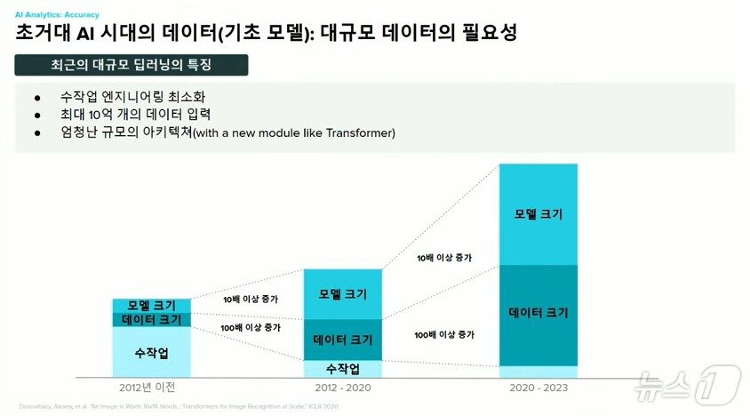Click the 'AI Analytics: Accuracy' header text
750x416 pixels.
point(57,15)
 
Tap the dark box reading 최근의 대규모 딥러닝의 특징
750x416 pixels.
point(132,65)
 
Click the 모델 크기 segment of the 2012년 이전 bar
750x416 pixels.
point(151,306)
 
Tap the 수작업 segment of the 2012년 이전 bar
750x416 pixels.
point(151,353)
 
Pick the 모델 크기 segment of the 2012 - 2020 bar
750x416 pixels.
point(342,294)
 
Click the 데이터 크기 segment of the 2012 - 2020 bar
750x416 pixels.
point(342,340)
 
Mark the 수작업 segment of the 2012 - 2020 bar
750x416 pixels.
point(342,369)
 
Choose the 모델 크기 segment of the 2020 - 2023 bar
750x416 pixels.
point(539,214)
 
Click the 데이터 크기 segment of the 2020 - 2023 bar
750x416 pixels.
point(539,314)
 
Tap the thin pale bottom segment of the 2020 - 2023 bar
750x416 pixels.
point(539,372)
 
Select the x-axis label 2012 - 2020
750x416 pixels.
point(343,388)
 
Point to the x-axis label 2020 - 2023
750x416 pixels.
point(539,388)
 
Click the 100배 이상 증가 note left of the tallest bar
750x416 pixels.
point(443,335)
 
